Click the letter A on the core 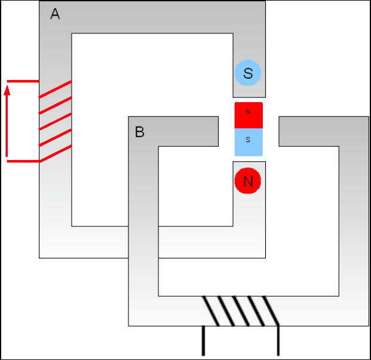point(55,14)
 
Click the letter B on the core point(140,132)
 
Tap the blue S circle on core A point(248,73)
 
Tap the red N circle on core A point(248,181)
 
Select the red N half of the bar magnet point(249,115)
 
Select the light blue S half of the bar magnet point(249,142)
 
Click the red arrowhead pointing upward point(7,90)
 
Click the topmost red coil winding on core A point(55,89)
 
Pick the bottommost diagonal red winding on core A point(55,154)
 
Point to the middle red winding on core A point(55,122)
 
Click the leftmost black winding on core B point(210,311)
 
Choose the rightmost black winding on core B point(271,311)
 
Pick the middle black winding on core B point(241,311)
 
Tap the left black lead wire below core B point(203,341)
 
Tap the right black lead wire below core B point(278,341)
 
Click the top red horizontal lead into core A point(23,81)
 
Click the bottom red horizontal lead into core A point(23,161)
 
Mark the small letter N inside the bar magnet point(248,112)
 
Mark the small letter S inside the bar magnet point(248,140)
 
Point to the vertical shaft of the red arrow point(7,126)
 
